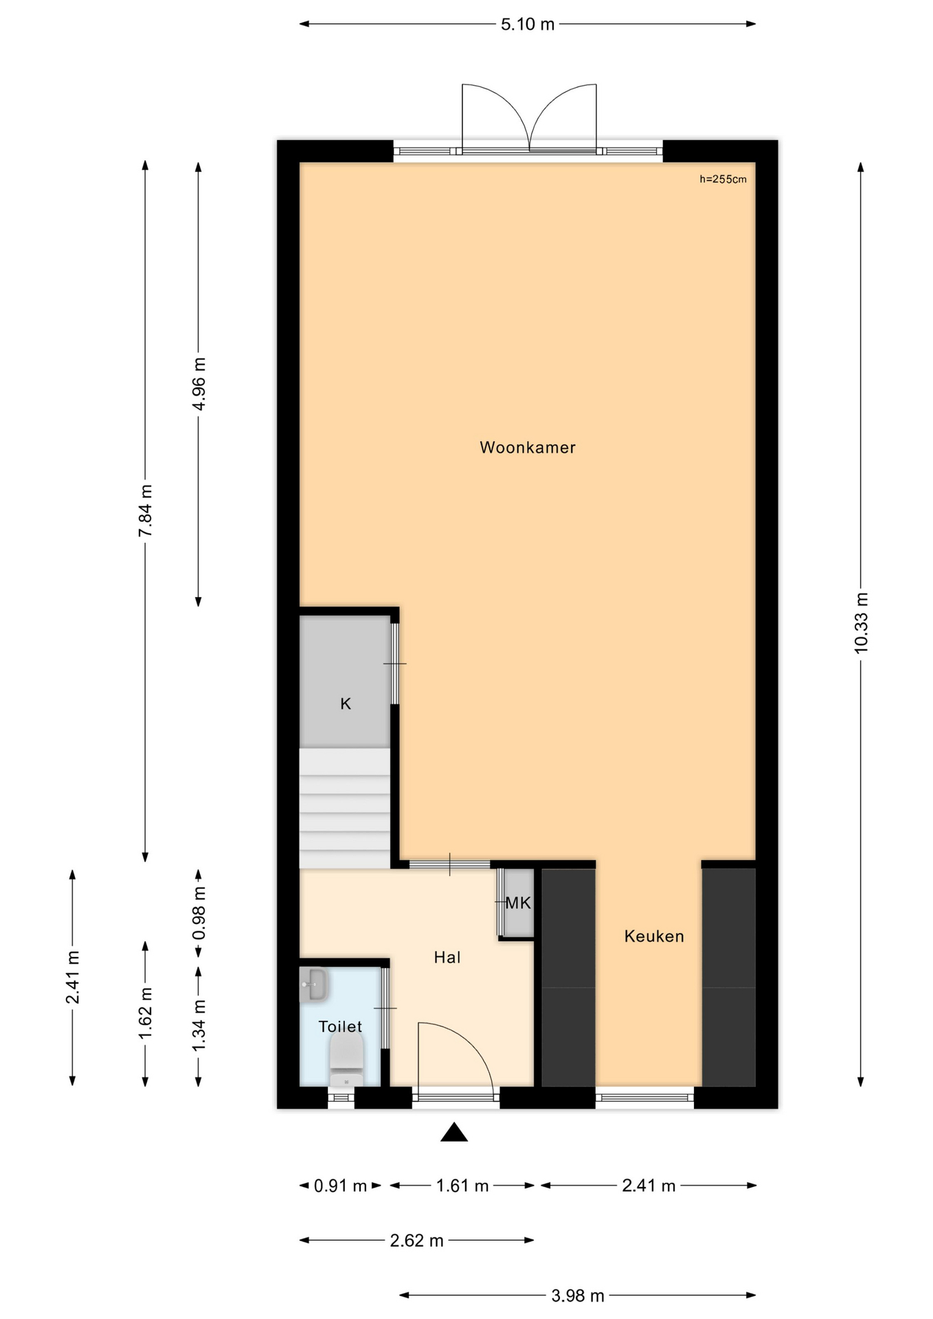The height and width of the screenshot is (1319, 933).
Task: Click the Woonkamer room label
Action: click(527, 448)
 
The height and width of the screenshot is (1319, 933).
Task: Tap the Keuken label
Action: click(654, 936)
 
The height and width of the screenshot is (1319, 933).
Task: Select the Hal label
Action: click(447, 958)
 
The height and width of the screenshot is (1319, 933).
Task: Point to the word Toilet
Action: click(340, 1026)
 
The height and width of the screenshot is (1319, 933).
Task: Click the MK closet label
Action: click(518, 903)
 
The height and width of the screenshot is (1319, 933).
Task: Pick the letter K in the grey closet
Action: click(346, 703)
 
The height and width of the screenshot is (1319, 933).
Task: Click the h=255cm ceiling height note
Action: click(723, 179)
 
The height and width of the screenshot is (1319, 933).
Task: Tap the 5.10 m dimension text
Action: click(527, 25)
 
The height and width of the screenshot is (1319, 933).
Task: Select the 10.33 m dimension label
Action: click(861, 622)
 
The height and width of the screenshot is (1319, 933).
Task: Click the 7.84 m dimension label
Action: click(145, 511)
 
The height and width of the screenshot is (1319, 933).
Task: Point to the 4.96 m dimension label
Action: click(199, 384)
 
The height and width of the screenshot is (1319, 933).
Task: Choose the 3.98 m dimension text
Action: click(578, 1296)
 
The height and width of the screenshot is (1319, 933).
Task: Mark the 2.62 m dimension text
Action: click(416, 1241)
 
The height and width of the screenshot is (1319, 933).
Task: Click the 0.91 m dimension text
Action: click(340, 1186)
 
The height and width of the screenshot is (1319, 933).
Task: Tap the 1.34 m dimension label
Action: click(199, 1025)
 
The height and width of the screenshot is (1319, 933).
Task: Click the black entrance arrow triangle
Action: click(453, 1133)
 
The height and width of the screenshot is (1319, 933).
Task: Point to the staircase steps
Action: click(344, 808)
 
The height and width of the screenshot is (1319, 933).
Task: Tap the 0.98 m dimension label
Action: click(199, 913)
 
